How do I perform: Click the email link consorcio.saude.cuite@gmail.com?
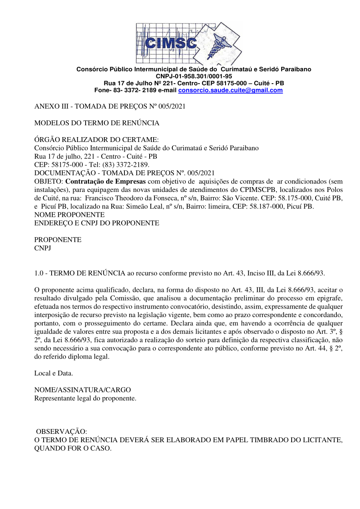point(230,90)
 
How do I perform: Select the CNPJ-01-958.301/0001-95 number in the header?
point(194,76)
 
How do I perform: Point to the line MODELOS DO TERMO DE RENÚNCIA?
point(97,123)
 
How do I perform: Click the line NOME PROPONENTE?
point(69,215)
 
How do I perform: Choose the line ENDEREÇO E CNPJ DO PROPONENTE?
point(97,223)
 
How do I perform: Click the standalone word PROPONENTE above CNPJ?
point(58,240)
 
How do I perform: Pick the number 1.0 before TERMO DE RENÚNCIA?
point(39,273)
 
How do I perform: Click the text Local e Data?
point(54,373)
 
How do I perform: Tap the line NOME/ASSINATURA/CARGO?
point(82,390)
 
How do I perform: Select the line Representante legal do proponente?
point(85,398)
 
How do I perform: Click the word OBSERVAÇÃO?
point(62,432)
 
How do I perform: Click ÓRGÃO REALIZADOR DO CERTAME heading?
point(96,140)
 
